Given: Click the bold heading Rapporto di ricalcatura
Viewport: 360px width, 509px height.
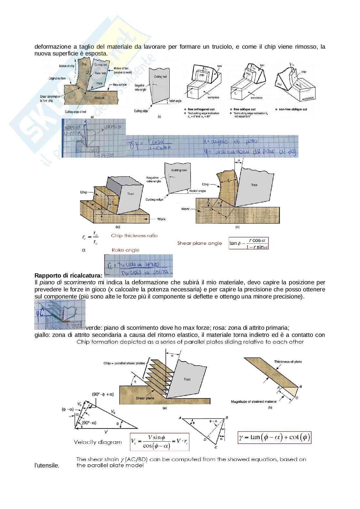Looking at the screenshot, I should pyautogui.click(x=68, y=276).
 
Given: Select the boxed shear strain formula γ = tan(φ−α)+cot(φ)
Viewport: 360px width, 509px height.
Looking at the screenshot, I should pyautogui.click(x=275, y=437).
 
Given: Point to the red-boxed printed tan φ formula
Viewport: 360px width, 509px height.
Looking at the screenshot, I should pyautogui.click(x=249, y=243).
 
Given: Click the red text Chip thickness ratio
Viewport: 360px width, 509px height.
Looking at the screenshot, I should pyautogui.click(x=135, y=236).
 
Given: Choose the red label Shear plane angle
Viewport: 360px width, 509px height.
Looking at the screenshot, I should pyautogui.click(x=200, y=243).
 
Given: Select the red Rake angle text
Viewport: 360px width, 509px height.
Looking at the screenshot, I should pyautogui.click(x=125, y=250).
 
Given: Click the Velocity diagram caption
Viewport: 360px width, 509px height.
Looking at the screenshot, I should pyautogui.click(x=98, y=442).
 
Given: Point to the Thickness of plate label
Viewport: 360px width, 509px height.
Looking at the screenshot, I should pyautogui.click(x=288, y=362).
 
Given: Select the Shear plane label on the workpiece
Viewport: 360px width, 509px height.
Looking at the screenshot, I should pyautogui.click(x=145, y=398).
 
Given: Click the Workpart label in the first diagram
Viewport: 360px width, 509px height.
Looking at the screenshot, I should pyautogui.click(x=101, y=97).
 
